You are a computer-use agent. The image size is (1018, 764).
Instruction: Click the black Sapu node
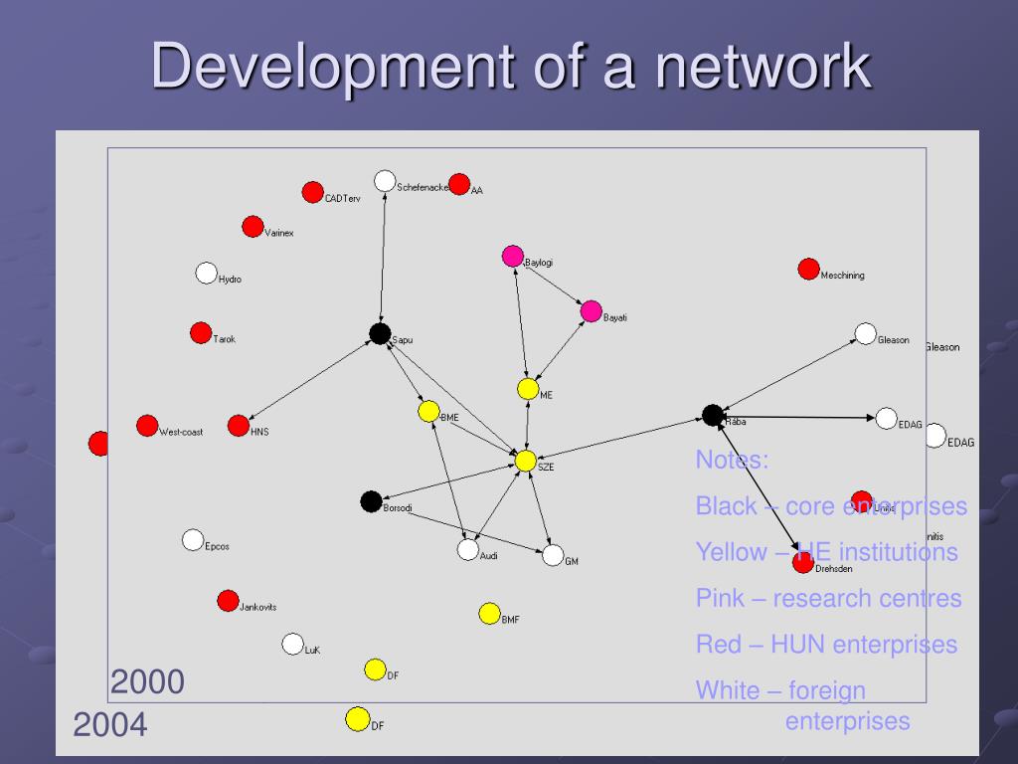(x=379, y=333)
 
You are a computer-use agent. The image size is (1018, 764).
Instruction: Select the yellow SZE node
(x=525, y=461)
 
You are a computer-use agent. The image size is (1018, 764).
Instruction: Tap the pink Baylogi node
(x=512, y=256)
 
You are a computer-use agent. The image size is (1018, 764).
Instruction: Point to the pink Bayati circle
(x=591, y=310)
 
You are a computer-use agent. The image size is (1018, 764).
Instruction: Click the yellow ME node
(x=528, y=389)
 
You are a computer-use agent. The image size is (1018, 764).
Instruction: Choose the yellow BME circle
(x=428, y=411)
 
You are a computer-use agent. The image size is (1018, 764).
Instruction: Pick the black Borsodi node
(x=371, y=501)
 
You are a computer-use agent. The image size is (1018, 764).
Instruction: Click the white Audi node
(x=467, y=549)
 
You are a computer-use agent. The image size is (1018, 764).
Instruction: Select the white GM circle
(x=553, y=555)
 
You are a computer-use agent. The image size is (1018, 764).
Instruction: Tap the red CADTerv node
(x=312, y=192)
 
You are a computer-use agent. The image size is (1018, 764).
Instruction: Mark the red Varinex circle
(x=253, y=227)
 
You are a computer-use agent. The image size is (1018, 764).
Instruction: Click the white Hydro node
(x=206, y=273)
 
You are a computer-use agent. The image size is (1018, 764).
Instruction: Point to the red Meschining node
(x=808, y=269)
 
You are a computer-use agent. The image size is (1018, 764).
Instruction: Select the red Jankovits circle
(x=228, y=601)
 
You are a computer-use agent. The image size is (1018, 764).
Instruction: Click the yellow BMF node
(x=489, y=614)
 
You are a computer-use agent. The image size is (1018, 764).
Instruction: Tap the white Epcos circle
(x=193, y=540)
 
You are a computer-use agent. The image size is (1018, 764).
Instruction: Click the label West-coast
(x=181, y=432)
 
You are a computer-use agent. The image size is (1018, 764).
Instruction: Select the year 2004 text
(x=110, y=725)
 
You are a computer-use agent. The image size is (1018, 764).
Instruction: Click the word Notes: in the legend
(x=732, y=460)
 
